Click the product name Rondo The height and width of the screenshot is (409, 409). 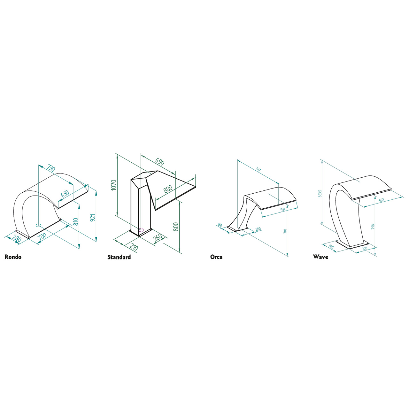click(x=13, y=257)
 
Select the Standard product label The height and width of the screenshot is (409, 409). click(x=119, y=257)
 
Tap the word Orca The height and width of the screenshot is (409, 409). click(x=216, y=257)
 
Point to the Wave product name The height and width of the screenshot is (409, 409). click(x=320, y=257)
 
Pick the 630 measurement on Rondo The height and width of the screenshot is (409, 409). click(x=65, y=194)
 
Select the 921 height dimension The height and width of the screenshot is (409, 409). click(x=93, y=218)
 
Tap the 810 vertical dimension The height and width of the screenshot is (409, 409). click(x=76, y=222)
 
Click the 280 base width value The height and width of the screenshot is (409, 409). click(x=17, y=239)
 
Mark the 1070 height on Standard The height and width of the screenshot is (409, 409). click(x=114, y=185)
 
